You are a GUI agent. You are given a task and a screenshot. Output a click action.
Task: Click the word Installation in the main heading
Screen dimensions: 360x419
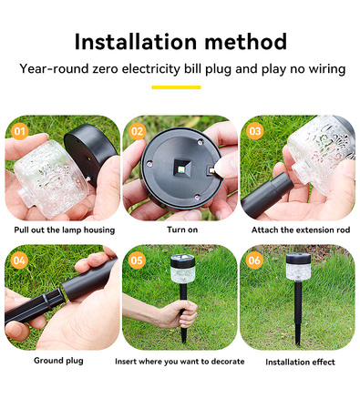click(x=136, y=42)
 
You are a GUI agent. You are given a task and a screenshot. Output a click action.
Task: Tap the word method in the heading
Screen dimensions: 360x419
click(x=245, y=42)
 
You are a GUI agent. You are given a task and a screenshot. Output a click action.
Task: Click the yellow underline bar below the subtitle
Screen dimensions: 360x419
click(x=176, y=87)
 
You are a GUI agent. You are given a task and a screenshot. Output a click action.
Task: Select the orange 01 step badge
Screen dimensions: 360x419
click(x=20, y=131)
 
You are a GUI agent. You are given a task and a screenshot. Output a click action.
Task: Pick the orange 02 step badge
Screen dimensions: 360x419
click(x=137, y=131)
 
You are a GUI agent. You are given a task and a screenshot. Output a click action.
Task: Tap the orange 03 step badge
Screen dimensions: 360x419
click(x=254, y=131)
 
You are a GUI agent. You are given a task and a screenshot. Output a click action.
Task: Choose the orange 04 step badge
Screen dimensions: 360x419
click(x=19, y=261)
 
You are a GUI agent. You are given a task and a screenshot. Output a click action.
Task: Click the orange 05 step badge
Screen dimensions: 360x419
click(x=137, y=261)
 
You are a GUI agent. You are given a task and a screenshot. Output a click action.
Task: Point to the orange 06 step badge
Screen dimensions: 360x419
click(x=254, y=261)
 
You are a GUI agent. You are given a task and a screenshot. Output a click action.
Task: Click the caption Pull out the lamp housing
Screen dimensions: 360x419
click(x=65, y=230)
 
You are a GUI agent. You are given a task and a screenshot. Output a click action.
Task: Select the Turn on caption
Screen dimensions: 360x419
click(x=182, y=230)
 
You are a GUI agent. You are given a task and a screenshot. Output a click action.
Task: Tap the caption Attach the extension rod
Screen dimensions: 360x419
click(x=301, y=230)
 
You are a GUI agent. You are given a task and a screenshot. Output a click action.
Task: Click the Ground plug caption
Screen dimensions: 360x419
click(x=58, y=361)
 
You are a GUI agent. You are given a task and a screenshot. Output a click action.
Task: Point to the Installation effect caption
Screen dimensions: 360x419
click(x=300, y=362)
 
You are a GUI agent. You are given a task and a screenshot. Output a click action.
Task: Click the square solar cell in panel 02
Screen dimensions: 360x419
click(x=182, y=169)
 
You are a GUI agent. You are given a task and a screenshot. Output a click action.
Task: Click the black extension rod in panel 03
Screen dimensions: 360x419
click(x=267, y=194)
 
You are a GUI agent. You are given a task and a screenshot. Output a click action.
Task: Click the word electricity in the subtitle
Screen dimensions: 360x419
click(x=151, y=69)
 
